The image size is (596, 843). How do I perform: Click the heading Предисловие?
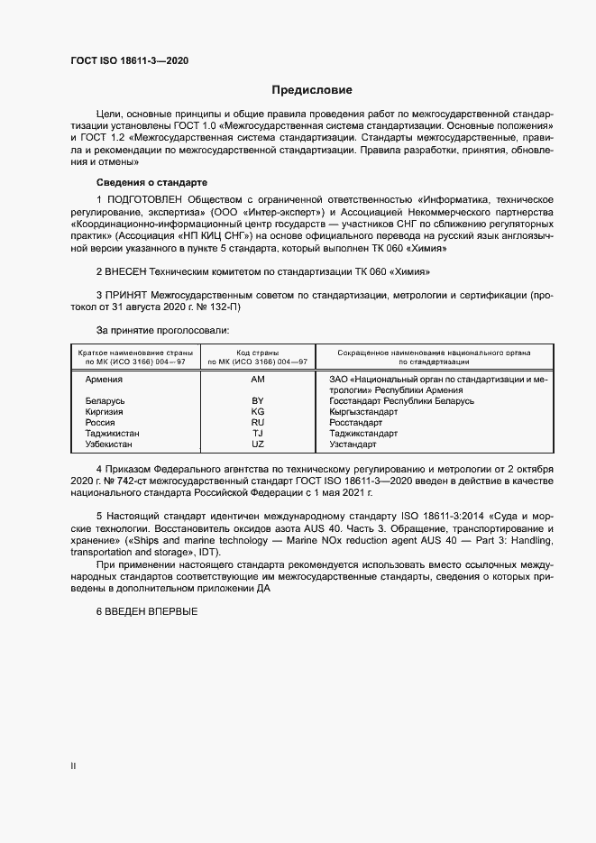point(312,90)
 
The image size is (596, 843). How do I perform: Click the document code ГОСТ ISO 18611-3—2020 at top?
point(129,60)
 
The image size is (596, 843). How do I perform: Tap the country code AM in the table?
point(258,380)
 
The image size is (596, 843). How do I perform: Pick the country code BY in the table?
point(258,400)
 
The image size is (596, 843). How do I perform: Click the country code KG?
point(258,411)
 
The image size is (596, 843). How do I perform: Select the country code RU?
point(258,422)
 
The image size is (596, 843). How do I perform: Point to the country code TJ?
point(258,433)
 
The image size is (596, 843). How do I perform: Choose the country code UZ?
point(258,444)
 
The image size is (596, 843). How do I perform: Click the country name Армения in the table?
point(104,380)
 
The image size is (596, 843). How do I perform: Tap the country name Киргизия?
point(104,411)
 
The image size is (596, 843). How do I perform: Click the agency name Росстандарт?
point(357,422)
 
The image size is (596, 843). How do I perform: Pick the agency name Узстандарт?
point(353,444)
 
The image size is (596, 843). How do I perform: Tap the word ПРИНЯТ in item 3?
point(131,295)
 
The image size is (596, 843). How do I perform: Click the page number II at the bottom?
point(73,766)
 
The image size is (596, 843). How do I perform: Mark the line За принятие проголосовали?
point(156,330)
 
